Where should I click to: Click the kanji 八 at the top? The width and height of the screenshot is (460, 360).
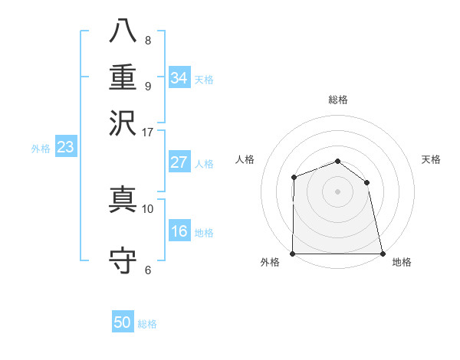123,31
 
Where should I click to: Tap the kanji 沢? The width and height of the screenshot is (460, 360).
123,122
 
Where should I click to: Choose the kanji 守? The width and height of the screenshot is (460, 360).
123,260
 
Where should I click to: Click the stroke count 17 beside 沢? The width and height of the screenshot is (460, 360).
147,131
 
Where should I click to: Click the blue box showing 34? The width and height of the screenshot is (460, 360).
179,78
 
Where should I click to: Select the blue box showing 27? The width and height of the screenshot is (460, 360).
179,162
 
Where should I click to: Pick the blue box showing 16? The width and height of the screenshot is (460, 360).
179,231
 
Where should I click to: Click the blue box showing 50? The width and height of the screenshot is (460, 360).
123,322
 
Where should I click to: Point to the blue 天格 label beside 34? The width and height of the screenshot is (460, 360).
204,80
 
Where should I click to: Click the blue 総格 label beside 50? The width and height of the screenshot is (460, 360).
147,324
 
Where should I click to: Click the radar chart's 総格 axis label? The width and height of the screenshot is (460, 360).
337,100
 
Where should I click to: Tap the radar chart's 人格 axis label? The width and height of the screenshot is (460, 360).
245,159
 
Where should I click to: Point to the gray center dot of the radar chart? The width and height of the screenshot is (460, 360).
337,191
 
